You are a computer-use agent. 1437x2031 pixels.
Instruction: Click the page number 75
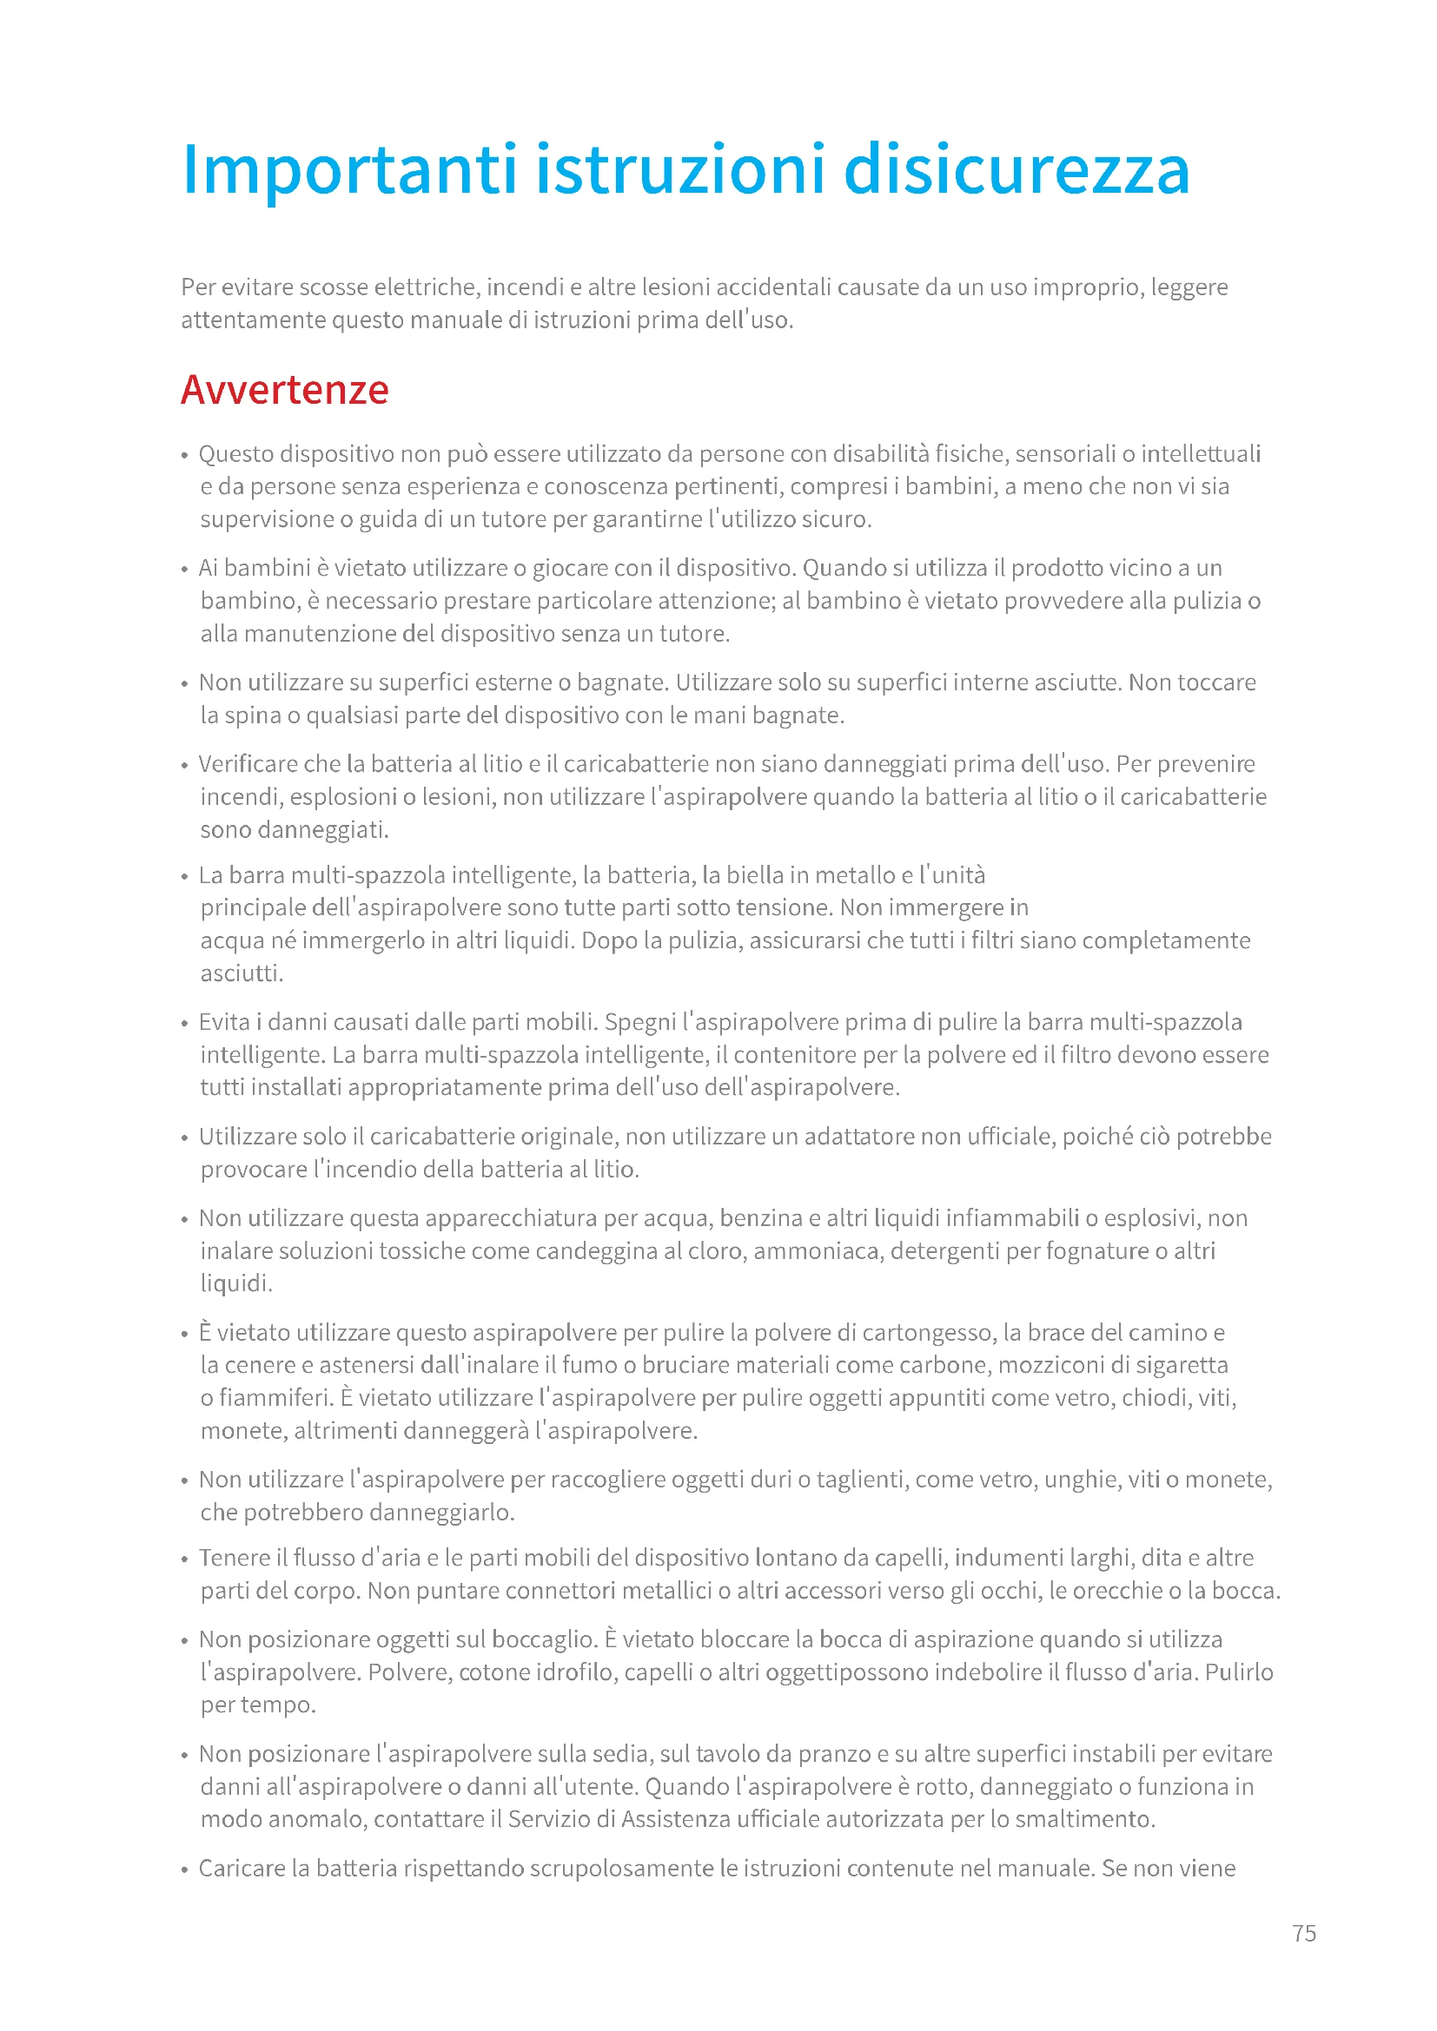1303,1933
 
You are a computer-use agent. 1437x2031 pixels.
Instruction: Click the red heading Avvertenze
284,390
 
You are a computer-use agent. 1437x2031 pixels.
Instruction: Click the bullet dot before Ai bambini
185,570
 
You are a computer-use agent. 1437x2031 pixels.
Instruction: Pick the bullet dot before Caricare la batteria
185,1870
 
